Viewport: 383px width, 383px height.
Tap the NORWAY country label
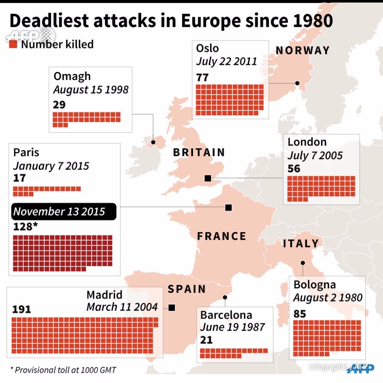pyautogui.click(x=303, y=51)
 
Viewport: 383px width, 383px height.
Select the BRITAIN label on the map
pyautogui.click(x=199, y=152)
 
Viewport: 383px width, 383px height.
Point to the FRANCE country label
pyautogui.click(x=222, y=236)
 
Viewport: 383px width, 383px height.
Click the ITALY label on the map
pyautogui.click(x=301, y=244)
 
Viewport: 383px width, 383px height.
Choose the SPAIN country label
pyautogui.click(x=187, y=289)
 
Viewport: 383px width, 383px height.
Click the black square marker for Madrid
pyautogui.click(x=172, y=308)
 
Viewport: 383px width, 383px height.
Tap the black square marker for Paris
pyautogui.click(x=229, y=208)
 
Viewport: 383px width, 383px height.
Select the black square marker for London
pyautogui.click(x=208, y=178)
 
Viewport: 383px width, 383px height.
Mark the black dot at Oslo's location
pyautogui.click(x=297, y=83)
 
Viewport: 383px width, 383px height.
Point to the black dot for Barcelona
pyautogui.click(x=225, y=297)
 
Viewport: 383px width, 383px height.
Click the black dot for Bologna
pyautogui.click(x=303, y=263)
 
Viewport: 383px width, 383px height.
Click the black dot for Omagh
pyautogui.click(x=153, y=142)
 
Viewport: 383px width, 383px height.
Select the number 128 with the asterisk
pyautogui.click(x=25, y=226)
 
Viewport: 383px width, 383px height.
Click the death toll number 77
pyautogui.click(x=202, y=77)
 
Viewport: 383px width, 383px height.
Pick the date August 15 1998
pyautogui.click(x=91, y=90)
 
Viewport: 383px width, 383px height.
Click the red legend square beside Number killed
pyautogui.click(x=13, y=44)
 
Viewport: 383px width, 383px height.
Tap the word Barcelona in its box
pyautogui.click(x=226, y=315)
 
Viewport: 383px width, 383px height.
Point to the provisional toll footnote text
pyautogui.click(x=63, y=370)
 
